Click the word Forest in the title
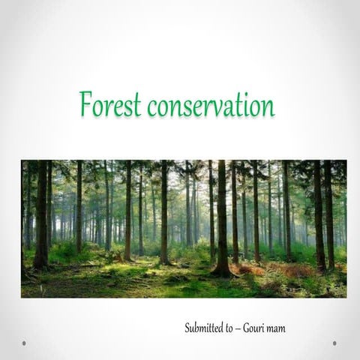(x=110, y=105)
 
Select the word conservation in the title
(x=211, y=106)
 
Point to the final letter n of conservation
(x=269, y=107)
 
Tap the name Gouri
(x=259, y=328)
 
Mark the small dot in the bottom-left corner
(x=24, y=343)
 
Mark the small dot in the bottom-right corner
(x=334, y=343)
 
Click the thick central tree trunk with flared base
(x=222, y=217)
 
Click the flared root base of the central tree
(x=221, y=268)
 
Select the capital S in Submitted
(x=187, y=328)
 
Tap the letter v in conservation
(x=222, y=108)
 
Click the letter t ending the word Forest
(x=137, y=106)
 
